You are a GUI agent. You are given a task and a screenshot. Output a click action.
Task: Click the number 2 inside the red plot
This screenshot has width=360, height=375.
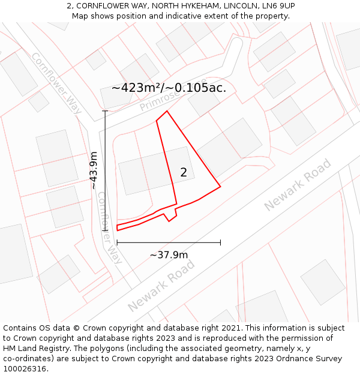pyautogui.click(x=184, y=173)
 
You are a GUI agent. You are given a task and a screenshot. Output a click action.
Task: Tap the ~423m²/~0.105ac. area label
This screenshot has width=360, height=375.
pyautogui.click(x=169, y=88)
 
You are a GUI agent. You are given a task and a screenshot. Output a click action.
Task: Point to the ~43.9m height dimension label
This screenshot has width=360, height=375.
pyautogui.click(x=94, y=170)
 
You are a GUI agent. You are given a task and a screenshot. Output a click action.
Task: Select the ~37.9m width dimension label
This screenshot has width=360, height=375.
pyautogui.click(x=169, y=255)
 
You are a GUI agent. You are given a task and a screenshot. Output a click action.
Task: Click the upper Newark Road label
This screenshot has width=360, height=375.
pyautogui.click(x=297, y=185)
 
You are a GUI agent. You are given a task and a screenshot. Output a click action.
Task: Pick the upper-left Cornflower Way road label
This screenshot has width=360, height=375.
pyautogui.click(x=56, y=79)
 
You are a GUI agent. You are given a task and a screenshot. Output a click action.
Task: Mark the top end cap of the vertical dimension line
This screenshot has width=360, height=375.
pyautogui.click(x=105, y=111)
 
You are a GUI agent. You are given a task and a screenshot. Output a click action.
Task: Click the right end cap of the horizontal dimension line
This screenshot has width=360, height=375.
pyautogui.click(x=220, y=242)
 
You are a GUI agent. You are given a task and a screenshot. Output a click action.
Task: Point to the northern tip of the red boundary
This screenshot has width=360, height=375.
pyautogui.click(x=167, y=111)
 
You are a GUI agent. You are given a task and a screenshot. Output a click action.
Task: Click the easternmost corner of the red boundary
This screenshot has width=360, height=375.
pyautogui.click(x=220, y=186)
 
